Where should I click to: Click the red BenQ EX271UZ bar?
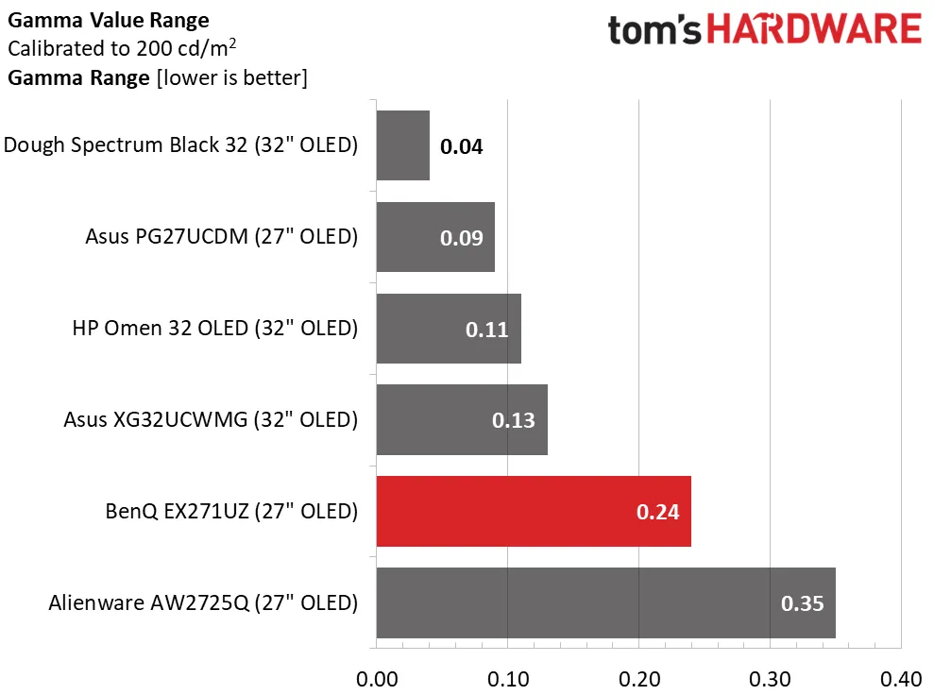coord(534,512)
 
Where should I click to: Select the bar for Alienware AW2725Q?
coord(605,602)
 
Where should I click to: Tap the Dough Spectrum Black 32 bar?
coord(403,145)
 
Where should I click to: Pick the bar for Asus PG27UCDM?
coord(435,237)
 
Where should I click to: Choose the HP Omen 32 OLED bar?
coord(449,329)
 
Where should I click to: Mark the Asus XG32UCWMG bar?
coord(462,420)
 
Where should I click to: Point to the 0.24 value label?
coord(658,513)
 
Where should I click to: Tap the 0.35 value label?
coord(803,603)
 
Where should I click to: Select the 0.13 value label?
coord(514,420)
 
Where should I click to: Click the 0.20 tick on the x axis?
coord(638,679)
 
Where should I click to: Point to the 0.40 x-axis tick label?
coord(900,679)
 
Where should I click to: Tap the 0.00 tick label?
coord(377,679)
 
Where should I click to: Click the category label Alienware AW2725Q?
coord(203,602)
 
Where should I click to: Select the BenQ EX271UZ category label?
coord(231,512)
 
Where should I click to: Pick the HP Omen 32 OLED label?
coord(215,329)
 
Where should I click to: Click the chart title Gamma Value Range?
coord(109,20)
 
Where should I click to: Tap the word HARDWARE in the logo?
coord(815,29)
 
